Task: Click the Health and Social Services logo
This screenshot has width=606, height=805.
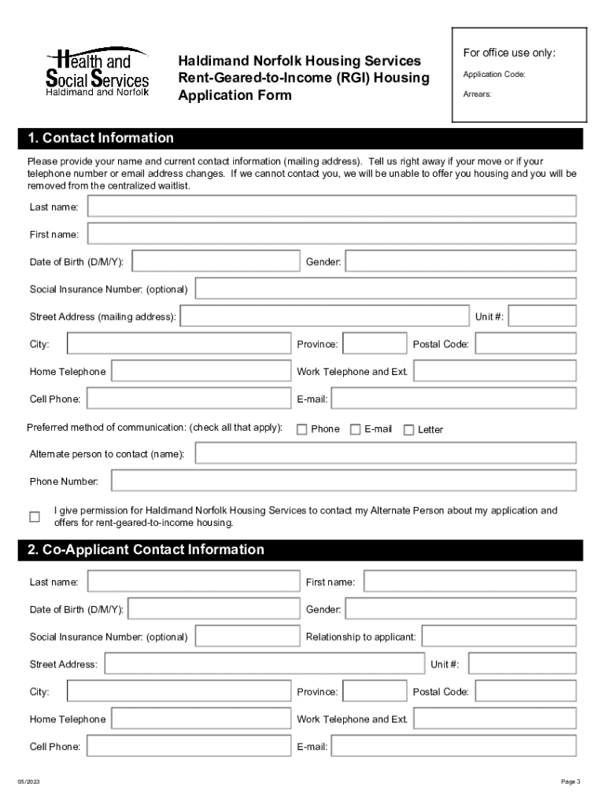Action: click(97, 72)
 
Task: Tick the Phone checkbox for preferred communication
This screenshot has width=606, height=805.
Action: click(301, 429)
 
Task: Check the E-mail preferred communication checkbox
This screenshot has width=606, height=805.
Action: click(355, 429)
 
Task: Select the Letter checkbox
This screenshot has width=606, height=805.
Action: click(408, 429)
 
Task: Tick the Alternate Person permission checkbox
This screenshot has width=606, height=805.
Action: click(35, 516)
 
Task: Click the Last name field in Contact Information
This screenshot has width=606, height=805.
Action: click(331, 207)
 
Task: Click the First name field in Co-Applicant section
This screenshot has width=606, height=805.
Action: click(469, 582)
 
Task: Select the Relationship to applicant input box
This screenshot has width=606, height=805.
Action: click(499, 637)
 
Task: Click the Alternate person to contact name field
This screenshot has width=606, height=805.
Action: click(385, 454)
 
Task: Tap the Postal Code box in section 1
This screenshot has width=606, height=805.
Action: click(525, 344)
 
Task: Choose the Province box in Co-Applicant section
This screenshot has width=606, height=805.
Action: click(375, 692)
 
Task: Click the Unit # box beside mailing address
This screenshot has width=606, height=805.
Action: click(542, 317)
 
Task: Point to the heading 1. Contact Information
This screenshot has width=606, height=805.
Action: click(101, 138)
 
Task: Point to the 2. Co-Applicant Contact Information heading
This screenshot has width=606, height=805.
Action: click(146, 550)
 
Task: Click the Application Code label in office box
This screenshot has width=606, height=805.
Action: click(494, 75)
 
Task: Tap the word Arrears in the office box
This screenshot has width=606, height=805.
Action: click(478, 95)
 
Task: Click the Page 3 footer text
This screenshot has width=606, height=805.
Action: click(570, 781)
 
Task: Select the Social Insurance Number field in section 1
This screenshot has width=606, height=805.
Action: click(385, 289)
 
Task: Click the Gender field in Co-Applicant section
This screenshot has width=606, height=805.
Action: click(460, 609)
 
